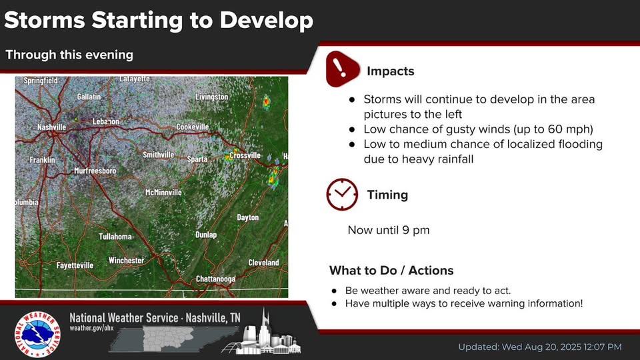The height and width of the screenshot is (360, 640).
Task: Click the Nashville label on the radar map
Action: pyautogui.click(x=51, y=127)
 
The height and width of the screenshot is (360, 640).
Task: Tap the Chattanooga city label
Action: pyautogui.click(x=215, y=279)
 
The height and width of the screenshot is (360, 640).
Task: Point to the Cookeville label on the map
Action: pyautogui.click(x=193, y=127)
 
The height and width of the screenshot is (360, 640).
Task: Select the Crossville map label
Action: pyautogui.click(x=245, y=155)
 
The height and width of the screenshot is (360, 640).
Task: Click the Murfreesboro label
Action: pyautogui.click(x=95, y=171)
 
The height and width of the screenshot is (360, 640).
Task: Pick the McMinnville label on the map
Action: pyautogui.click(x=163, y=192)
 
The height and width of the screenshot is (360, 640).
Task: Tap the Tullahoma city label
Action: pyautogui.click(x=115, y=236)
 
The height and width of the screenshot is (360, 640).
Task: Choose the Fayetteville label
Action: pyautogui.click(x=75, y=265)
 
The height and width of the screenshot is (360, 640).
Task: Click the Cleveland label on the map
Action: pyautogui.click(x=264, y=263)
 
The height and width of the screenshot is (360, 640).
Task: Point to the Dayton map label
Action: pyautogui.click(x=248, y=217)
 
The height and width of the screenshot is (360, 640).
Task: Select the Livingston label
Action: pyautogui.click(x=212, y=97)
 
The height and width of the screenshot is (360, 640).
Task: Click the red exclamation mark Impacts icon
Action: pyautogui.click(x=342, y=69)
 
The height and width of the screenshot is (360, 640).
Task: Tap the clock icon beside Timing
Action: pyautogui.click(x=342, y=194)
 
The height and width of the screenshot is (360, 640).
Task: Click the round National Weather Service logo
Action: pyautogui.click(x=37, y=335)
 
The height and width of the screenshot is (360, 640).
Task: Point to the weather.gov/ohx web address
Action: pyautogui.click(x=91, y=328)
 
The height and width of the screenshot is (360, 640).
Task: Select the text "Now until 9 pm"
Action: pyautogui.click(x=389, y=230)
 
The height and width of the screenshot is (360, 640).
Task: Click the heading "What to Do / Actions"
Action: pyautogui.click(x=391, y=270)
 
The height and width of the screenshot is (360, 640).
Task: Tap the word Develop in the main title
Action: pyautogui.click(x=266, y=21)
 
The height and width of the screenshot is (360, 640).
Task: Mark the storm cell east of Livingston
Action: pyautogui.click(x=266, y=102)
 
